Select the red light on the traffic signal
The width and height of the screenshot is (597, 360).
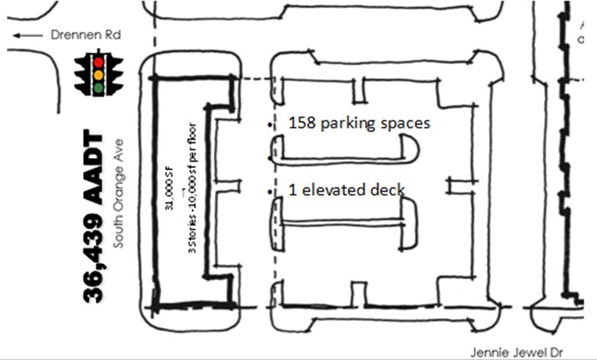coord(98,63)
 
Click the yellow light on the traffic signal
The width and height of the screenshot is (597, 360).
coord(98,75)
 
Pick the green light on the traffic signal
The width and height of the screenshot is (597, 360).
coord(98,88)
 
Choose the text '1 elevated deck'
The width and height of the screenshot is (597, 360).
coord(346,190)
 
